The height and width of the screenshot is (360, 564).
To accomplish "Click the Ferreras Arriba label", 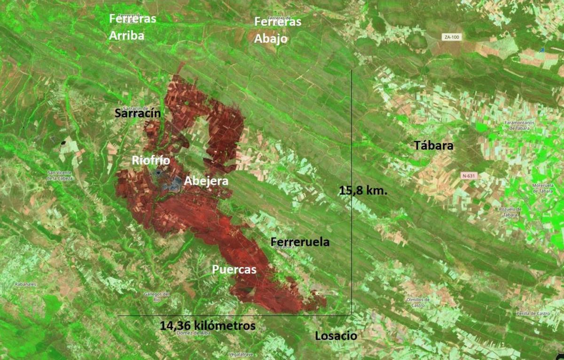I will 132,27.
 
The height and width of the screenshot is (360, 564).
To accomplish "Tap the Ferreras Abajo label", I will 277,30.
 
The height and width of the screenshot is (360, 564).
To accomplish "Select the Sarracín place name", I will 138,113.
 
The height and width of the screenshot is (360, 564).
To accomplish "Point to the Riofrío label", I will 150,160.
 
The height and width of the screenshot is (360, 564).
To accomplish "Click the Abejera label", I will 206,181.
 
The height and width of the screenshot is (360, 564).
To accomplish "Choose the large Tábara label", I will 433,145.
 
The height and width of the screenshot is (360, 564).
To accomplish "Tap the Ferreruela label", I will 300,242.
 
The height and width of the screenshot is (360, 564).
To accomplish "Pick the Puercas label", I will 234,270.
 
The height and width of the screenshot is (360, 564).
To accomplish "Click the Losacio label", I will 336,336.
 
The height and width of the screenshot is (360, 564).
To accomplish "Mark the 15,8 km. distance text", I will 363,191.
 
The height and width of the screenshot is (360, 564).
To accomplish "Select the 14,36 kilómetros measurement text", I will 207,325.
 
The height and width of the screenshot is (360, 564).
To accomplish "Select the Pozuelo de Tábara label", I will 509,211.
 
